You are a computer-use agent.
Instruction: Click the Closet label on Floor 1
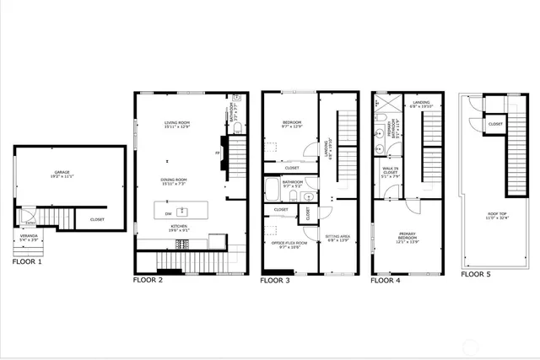[98, 221]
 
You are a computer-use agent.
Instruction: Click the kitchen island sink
[181, 210]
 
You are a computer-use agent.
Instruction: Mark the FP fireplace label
[218, 153]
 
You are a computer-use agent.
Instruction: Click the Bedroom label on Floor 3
[292, 125]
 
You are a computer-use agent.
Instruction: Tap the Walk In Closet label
[390, 175]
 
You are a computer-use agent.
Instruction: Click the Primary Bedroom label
[408, 239]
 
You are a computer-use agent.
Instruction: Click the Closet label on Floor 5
[495, 124]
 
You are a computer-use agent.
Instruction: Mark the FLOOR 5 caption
[478, 275]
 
